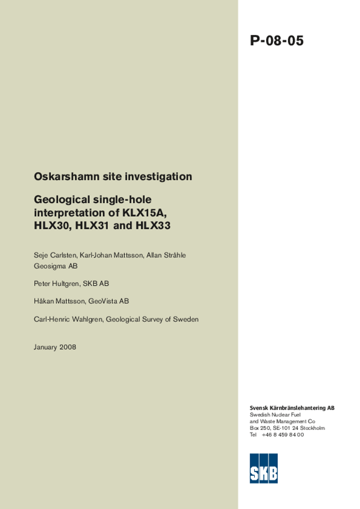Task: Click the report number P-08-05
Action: coord(276,41)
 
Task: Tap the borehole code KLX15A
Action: coord(144,213)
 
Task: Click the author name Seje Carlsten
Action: coord(55,255)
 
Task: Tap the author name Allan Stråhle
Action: coord(166,255)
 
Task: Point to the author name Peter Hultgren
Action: coord(56,284)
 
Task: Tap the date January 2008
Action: coord(55,347)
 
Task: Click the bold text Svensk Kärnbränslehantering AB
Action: coord(292,408)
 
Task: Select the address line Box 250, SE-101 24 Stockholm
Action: coord(287,428)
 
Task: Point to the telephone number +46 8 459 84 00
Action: coord(282,434)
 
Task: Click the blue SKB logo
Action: coord(264,468)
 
